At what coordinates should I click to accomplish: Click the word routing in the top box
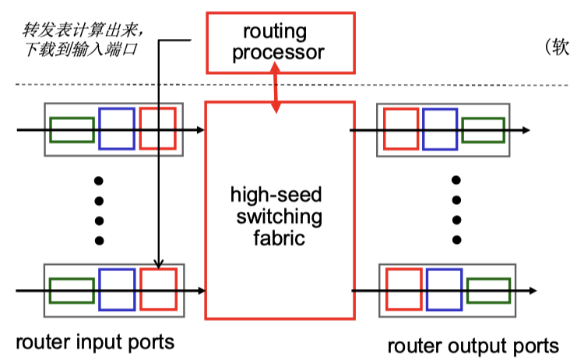[275, 33]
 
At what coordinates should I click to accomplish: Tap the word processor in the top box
[278, 53]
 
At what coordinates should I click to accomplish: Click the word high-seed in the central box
[276, 195]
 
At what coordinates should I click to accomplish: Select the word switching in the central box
[280, 217]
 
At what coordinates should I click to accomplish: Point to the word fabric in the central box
[279, 238]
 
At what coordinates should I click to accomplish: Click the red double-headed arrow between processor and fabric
[275, 87]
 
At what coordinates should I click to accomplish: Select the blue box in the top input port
[99, 129]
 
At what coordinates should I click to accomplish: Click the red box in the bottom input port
[140, 289]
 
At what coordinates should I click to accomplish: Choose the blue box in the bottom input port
[99, 289]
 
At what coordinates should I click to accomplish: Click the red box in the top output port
[384, 129]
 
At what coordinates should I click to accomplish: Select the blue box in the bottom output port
[426, 289]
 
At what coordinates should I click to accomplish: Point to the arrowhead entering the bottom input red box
[159, 263]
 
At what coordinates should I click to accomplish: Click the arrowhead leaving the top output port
[526, 130]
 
